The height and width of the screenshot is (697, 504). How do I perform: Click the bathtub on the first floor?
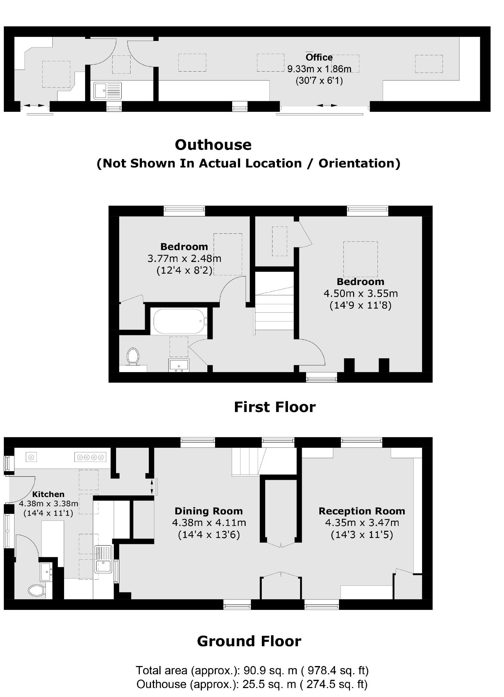click(x=179, y=321)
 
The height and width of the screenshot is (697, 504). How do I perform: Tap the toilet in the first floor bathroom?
click(x=133, y=356)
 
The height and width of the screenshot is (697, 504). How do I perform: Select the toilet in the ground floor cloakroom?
click(x=37, y=591)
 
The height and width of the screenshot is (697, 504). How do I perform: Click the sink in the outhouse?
click(x=107, y=91)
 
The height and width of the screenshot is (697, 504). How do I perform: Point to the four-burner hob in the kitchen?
click(x=90, y=457)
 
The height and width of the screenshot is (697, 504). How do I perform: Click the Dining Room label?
click(x=208, y=511)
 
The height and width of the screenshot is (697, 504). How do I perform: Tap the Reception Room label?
click(x=361, y=511)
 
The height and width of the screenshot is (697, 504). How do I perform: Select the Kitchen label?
click(x=48, y=494)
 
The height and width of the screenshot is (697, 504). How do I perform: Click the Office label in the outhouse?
click(x=319, y=57)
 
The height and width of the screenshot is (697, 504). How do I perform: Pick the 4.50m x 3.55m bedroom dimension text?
click(x=360, y=294)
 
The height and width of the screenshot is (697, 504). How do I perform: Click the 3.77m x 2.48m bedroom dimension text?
click(x=184, y=258)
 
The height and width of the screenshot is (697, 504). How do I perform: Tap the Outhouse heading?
click(x=213, y=145)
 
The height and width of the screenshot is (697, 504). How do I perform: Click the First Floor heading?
click(x=275, y=407)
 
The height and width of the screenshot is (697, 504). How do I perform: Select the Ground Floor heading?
click(x=249, y=641)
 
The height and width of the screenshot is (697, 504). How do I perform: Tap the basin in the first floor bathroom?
click(x=179, y=365)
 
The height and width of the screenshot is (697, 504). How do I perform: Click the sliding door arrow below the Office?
click(x=327, y=105)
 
